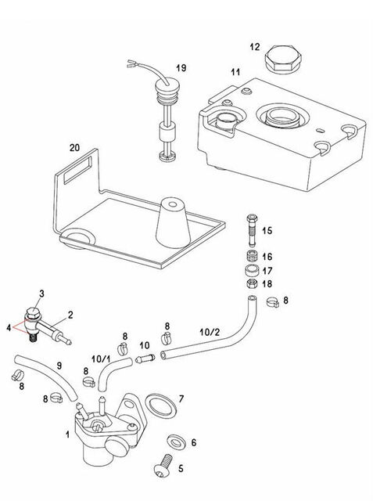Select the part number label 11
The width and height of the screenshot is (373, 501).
[235, 72]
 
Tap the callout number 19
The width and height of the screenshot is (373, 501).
[181, 68]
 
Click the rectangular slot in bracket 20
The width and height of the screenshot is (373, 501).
[77, 171]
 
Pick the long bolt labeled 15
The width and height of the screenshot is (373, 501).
[252, 231]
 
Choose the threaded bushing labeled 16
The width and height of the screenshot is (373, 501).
[252, 257]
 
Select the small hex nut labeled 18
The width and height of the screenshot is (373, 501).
[252, 283]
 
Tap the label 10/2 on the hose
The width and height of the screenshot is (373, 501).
[210, 332]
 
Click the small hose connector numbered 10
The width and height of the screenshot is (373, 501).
[145, 359]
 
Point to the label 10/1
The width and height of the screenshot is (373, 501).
[101, 359]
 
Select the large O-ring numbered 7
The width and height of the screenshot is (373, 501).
[161, 405]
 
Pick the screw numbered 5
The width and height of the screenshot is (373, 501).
[163, 466]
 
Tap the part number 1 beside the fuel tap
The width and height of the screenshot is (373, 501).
[67, 434]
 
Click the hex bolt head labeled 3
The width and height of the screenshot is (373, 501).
[33, 312]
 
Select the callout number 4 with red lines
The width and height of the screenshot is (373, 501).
[9, 328]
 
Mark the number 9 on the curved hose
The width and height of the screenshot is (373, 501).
[59, 366]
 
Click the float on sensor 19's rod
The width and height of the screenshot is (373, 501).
[167, 132]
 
